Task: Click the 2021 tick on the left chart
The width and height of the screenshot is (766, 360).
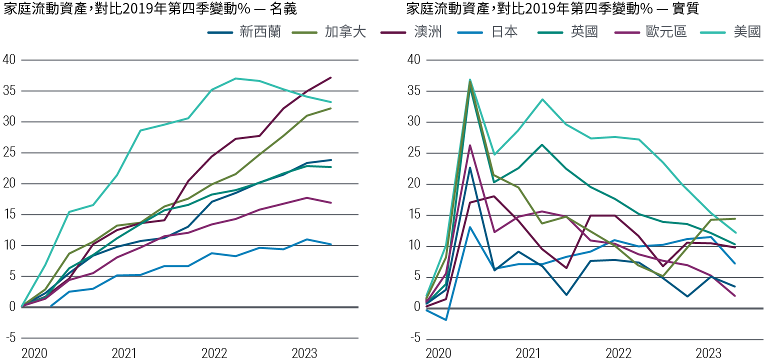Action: point(124,353)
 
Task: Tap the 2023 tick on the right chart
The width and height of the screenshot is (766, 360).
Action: point(708,353)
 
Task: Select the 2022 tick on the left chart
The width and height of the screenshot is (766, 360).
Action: point(214,353)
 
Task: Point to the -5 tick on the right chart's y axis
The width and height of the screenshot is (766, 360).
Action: point(413,338)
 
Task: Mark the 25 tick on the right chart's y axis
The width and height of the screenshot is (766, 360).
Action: point(413,153)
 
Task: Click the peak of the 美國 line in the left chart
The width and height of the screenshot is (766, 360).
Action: point(235,78)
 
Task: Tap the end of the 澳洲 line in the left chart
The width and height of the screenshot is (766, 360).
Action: point(331,77)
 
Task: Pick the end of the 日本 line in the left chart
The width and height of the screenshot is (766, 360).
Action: point(331,244)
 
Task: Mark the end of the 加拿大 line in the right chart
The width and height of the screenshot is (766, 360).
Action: point(734,218)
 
